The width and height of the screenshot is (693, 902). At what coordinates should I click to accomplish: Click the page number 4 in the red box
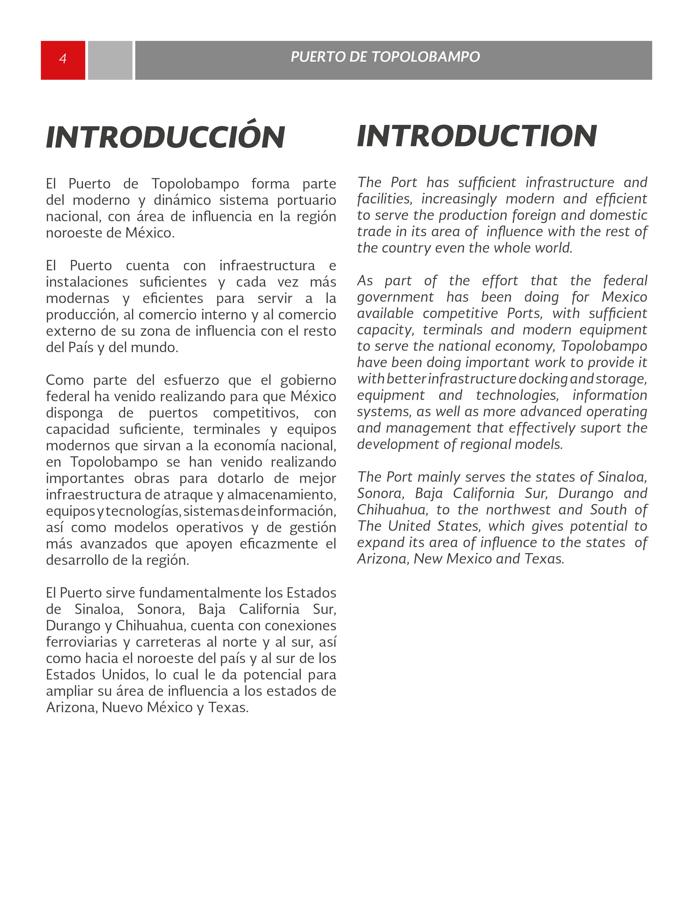(x=63, y=59)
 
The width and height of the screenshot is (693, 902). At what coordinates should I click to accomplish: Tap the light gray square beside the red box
(x=110, y=60)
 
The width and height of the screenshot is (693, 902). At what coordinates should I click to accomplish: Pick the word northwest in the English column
(x=518, y=510)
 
